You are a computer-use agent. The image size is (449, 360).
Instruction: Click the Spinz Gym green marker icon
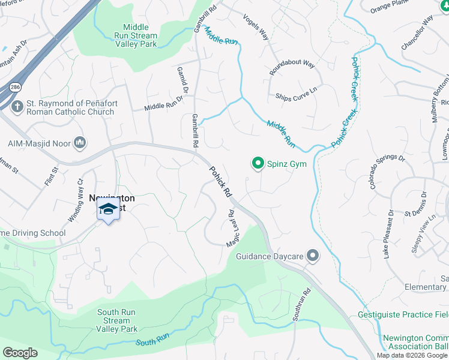(x=258, y=163)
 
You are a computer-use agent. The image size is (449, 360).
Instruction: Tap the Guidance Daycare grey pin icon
(x=312, y=256)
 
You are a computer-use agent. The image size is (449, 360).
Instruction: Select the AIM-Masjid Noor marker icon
(x=80, y=142)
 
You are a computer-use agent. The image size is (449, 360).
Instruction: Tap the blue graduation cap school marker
(x=108, y=210)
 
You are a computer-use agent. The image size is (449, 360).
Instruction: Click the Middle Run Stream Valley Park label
(x=139, y=35)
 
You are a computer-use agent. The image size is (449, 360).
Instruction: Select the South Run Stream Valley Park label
(x=117, y=320)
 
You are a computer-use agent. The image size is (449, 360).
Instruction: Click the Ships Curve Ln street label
(x=295, y=97)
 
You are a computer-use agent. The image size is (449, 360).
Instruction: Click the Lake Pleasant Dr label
(x=388, y=234)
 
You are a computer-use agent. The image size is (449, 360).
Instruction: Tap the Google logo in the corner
(x=20, y=353)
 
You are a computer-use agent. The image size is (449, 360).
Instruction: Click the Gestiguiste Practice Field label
(x=402, y=314)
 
